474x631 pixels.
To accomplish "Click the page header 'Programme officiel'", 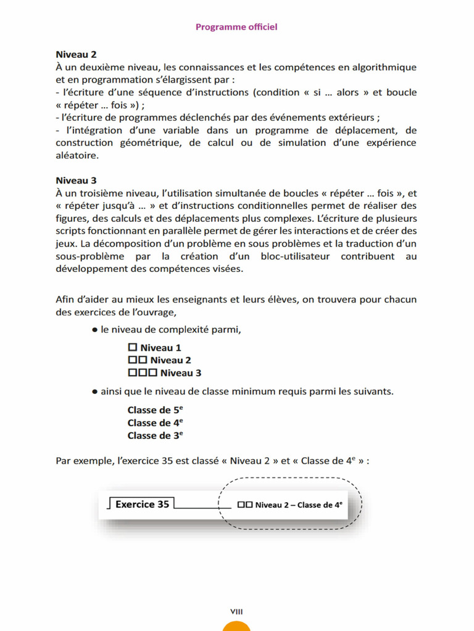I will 236,26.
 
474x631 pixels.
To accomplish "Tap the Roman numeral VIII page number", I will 236,611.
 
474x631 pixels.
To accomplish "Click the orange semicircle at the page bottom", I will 236,626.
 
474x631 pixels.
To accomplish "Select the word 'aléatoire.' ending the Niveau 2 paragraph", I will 76,156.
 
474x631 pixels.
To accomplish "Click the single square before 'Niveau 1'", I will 131,348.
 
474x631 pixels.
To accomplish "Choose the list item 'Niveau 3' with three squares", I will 164,373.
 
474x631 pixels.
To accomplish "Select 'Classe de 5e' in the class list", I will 155,410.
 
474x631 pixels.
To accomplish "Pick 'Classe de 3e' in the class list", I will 155,435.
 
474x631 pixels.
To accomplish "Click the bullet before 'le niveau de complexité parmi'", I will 95,330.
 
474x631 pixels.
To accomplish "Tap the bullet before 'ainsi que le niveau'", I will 95,391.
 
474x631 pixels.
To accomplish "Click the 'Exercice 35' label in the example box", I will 142,504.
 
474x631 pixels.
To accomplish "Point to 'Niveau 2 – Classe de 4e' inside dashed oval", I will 290,505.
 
